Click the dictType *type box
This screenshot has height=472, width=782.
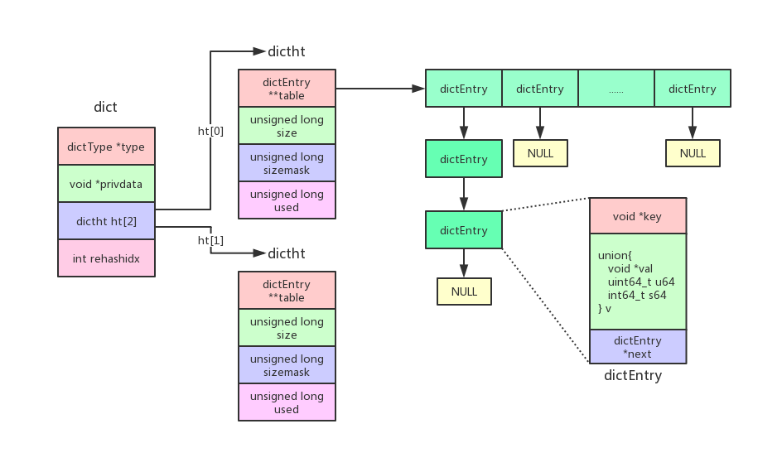[106, 147]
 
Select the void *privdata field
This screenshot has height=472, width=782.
[106, 184]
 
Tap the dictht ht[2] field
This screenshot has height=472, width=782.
[106, 221]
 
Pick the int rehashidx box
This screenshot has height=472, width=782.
[106, 258]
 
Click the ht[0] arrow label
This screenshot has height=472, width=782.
[210, 131]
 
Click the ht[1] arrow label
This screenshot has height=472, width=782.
[210, 240]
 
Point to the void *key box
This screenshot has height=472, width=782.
[637, 216]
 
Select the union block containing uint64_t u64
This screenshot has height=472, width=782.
[637, 282]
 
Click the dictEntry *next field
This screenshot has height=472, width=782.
[637, 347]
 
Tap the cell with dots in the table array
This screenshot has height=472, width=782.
[615, 89]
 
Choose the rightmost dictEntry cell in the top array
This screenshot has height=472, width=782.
[692, 89]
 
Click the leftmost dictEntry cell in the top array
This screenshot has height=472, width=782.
[464, 89]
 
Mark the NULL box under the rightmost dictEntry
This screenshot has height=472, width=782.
[693, 153]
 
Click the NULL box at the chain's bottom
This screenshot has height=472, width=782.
[464, 291]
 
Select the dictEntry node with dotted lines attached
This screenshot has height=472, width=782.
[464, 230]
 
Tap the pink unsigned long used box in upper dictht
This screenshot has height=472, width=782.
[287, 200]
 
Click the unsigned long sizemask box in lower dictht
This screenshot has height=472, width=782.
[287, 365]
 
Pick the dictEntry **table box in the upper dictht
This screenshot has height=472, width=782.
[287, 89]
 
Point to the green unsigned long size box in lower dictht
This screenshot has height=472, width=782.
[287, 328]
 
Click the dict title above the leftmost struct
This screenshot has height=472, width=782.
[105, 107]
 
